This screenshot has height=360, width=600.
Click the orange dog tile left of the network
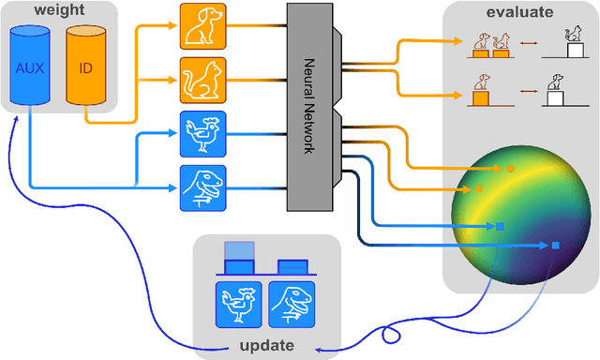(202, 26)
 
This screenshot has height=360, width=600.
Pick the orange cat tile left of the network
(202, 80)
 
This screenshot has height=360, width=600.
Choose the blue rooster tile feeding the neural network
(202, 134)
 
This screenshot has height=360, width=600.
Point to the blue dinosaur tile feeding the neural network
(202, 187)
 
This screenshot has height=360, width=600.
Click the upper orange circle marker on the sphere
(510, 169)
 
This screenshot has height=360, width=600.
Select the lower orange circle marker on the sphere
(479, 188)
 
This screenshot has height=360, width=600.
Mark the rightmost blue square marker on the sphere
(555, 246)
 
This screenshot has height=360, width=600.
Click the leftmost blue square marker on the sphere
(499, 226)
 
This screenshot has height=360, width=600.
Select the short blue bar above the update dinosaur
(292, 266)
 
